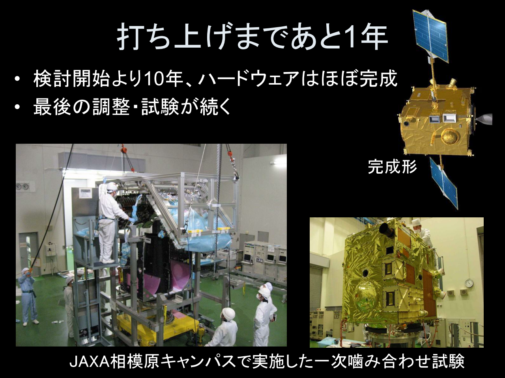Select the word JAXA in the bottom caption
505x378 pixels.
click(89, 362)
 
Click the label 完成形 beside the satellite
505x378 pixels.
click(392, 167)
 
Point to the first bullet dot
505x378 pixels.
click(17, 80)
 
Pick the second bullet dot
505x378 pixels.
click(17, 107)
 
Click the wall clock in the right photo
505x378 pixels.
click(469, 283)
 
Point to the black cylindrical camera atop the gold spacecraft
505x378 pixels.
click(388, 230)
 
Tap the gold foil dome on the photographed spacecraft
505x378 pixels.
click(365, 296)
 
